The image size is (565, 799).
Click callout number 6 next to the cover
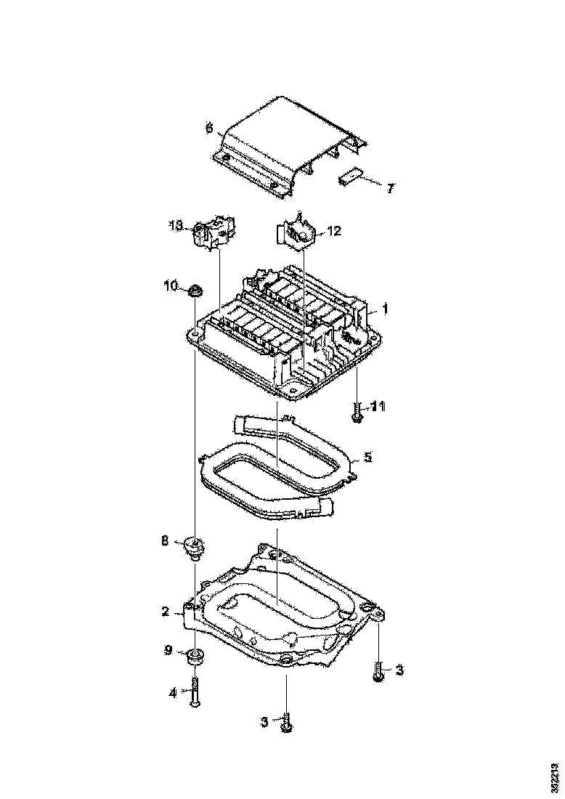point(209,129)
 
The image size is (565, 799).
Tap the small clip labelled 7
point(352,177)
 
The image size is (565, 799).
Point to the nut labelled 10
point(195,292)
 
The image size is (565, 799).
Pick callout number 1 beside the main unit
point(385,309)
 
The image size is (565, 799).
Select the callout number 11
point(378,405)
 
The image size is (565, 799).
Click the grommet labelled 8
point(195,545)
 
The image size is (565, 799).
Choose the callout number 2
point(166,612)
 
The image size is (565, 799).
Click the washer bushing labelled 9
point(195,657)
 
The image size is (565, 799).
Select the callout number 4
point(173,693)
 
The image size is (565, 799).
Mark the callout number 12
point(333,231)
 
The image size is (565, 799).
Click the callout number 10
point(169,286)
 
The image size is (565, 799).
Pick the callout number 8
point(165,540)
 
